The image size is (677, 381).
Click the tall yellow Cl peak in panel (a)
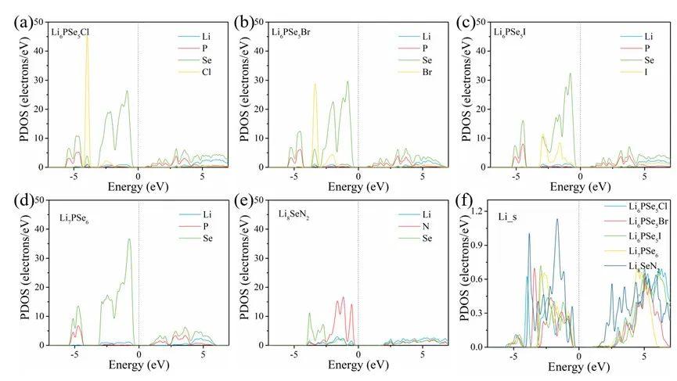tap(88, 39)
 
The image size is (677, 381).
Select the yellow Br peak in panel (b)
tap(315, 86)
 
